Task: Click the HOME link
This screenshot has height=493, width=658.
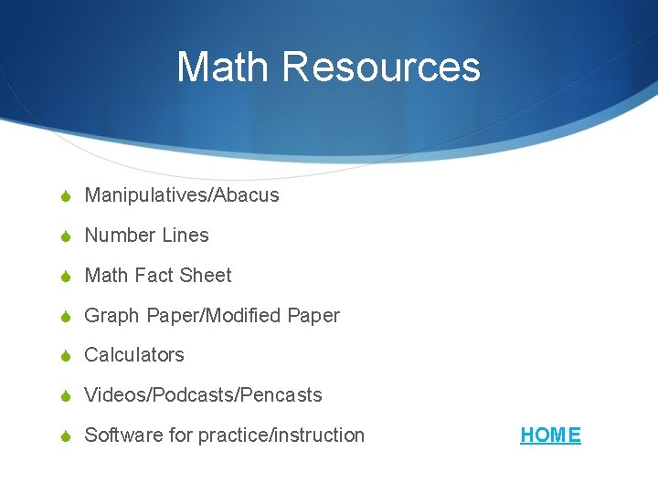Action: [x=550, y=435]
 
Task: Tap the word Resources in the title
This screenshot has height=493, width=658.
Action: [x=381, y=67]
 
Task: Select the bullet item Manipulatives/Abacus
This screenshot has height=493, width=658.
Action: [x=181, y=195]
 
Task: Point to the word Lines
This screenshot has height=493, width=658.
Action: [x=185, y=236]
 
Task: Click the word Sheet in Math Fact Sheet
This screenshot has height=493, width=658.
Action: [x=206, y=276]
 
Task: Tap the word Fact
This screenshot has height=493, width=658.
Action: [x=154, y=276]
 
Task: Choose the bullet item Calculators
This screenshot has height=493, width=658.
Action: [x=134, y=355]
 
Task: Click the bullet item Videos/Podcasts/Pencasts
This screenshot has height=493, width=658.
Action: [x=203, y=395]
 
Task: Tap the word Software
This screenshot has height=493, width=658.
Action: [x=123, y=435]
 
